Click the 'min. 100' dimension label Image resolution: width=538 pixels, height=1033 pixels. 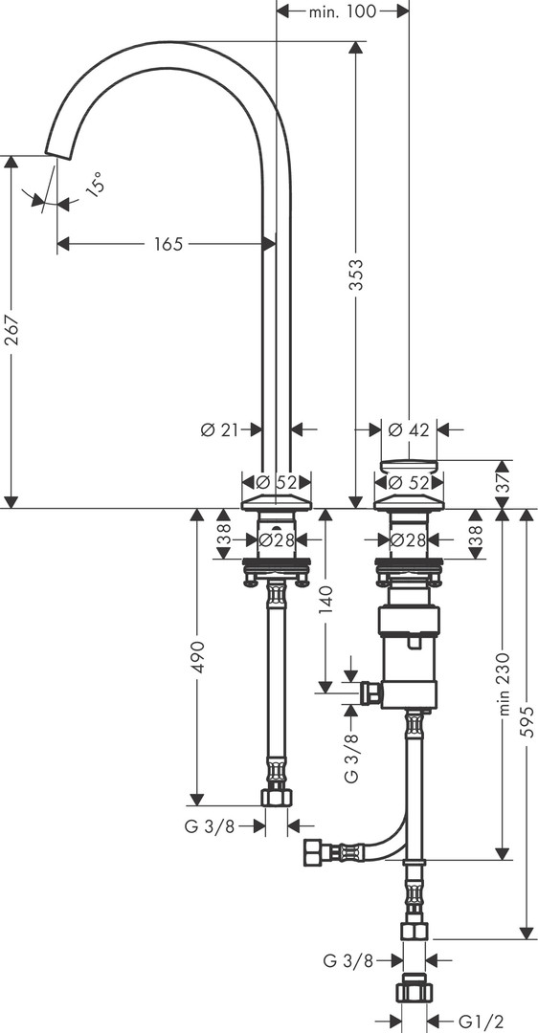point(342,11)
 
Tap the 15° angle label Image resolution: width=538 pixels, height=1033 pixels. point(95,183)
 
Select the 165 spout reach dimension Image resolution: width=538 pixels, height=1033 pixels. point(168,244)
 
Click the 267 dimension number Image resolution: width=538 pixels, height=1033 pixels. point(11,331)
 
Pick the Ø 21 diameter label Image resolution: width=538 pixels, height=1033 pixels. point(219,430)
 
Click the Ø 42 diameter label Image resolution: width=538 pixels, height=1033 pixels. point(409,430)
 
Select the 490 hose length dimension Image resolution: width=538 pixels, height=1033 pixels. point(198,656)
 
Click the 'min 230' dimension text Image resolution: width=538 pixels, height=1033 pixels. point(504,684)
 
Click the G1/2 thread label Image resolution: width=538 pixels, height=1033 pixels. point(476,1022)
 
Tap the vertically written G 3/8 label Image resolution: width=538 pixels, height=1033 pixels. point(352,755)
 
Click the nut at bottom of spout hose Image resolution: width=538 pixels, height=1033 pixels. point(277,797)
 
